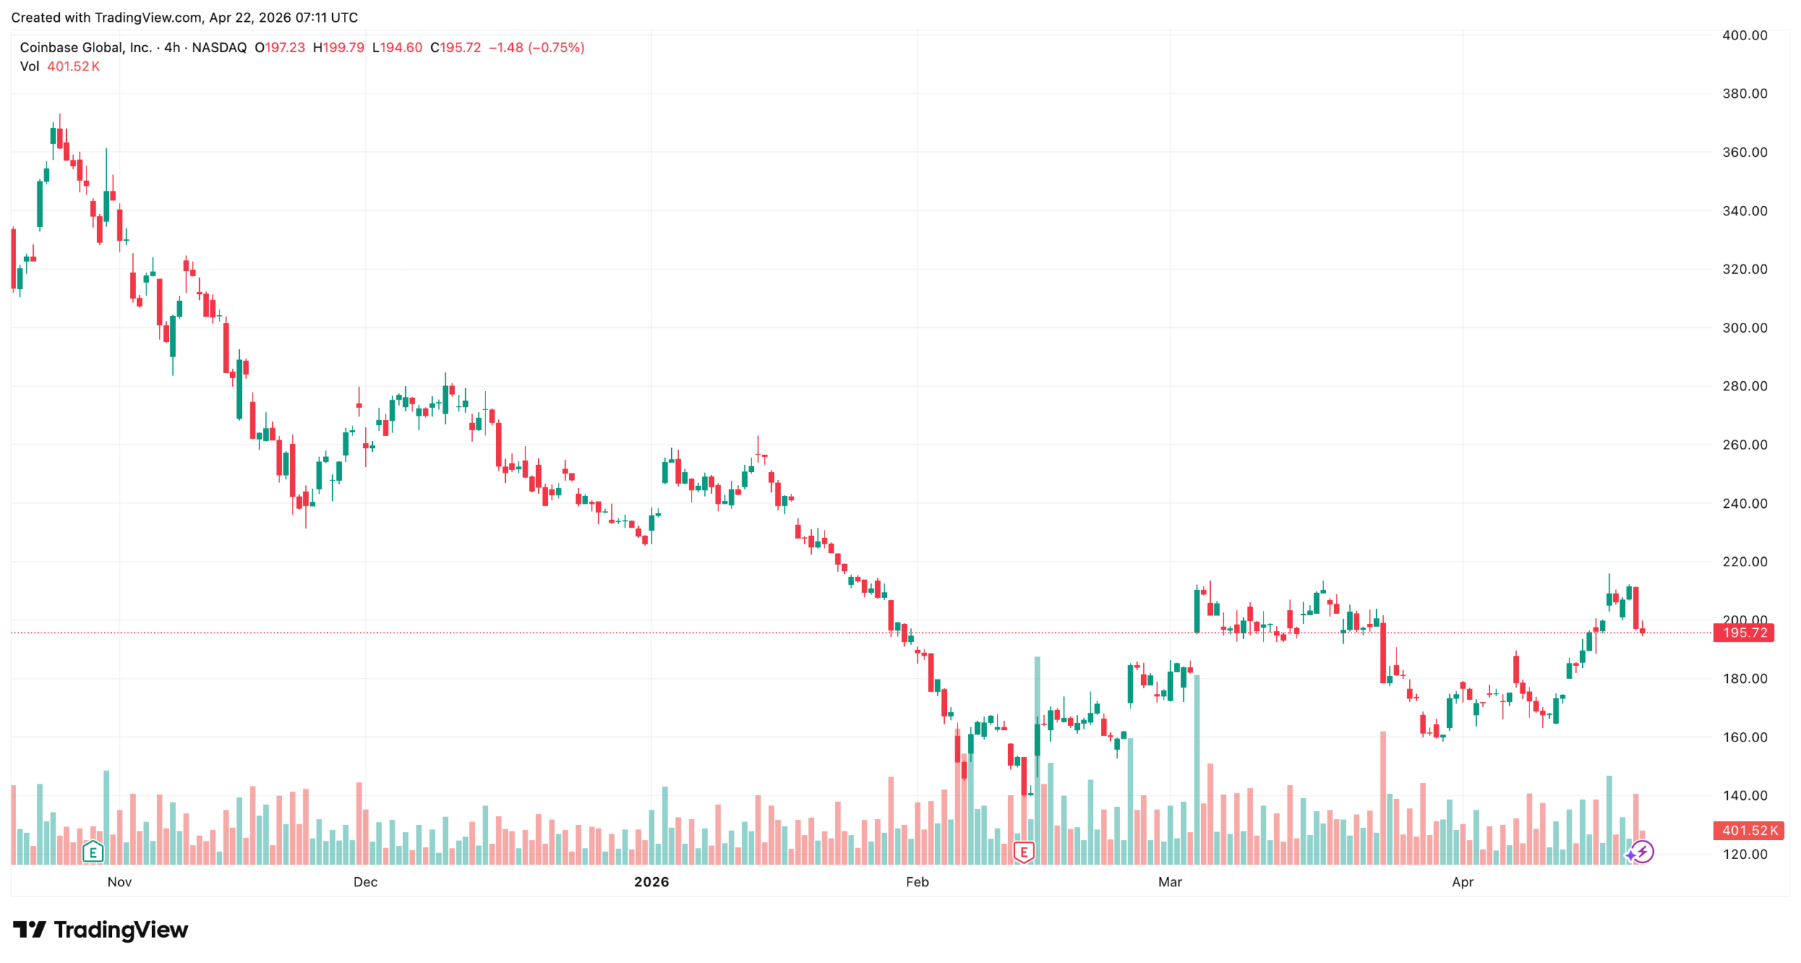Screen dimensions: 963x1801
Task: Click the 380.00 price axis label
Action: click(1744, 94)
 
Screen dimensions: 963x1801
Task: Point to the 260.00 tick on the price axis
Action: click(1744, 445)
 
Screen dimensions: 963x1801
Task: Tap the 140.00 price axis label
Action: click(1744, 796)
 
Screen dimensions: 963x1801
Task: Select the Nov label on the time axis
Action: click(120, 882)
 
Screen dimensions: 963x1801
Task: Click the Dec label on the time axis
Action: click(365, 882)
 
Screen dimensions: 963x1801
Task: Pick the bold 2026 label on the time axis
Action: click(651, 882)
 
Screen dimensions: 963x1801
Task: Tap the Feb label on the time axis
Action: click(917, 882)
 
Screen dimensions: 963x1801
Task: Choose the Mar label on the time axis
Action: click(1170, 882)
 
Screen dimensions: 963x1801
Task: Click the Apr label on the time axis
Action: click(1463, 882)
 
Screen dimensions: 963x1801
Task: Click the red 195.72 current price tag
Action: click(1744, 632)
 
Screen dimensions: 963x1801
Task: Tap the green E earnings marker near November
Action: click(93, 853)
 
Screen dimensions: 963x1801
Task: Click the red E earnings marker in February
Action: click(1024, 853)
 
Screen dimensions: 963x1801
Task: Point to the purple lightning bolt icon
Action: click(1643, 852)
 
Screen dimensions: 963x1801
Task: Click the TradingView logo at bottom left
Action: click(101, 930)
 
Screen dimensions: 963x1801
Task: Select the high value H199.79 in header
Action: click(338, 48)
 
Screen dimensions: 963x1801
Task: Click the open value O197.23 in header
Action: click(280, 48)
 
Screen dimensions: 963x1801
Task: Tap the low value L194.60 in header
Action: click(397, 48)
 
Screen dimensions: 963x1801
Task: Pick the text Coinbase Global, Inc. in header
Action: click(86, 48)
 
